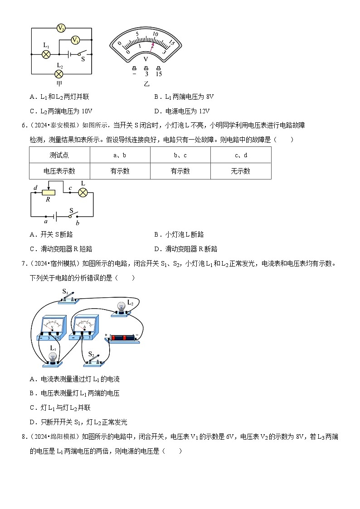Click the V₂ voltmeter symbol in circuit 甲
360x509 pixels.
point(61,28)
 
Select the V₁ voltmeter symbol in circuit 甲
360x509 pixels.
point(76,40)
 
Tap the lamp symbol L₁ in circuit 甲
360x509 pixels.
point(46,54)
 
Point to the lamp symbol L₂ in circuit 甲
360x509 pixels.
point(58,74)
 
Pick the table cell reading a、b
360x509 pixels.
point(120,155)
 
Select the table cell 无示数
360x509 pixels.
point(240,171)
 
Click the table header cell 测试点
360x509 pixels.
point(59,155)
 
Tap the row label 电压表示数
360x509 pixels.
point(59,171)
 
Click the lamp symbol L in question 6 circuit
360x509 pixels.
point(83,192)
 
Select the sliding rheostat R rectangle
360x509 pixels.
point(49,193)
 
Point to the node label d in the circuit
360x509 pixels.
point(35,188)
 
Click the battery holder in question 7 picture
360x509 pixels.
point(124,338)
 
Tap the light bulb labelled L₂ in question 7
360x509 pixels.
point(121,308)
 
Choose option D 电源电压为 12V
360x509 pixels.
point(182,111)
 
